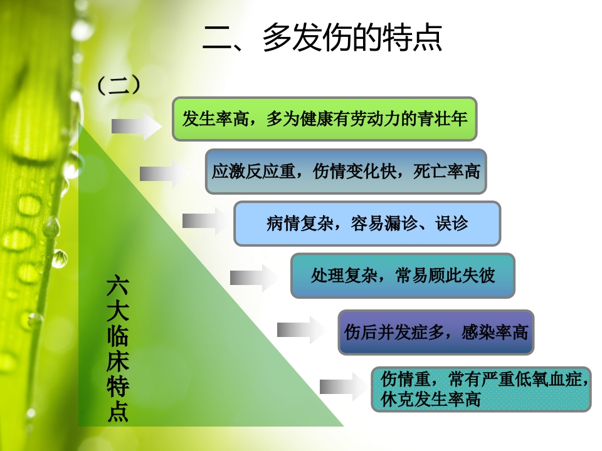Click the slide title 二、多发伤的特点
322,38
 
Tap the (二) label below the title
118,85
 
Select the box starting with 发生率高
324,118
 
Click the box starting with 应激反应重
346,171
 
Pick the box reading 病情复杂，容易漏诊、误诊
367,223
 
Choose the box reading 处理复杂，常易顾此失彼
402,276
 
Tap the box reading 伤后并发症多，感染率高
436,332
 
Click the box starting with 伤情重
481,389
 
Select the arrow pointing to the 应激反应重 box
164,174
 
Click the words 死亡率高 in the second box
446,171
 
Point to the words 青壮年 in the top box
446,118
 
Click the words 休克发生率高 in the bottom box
430,399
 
